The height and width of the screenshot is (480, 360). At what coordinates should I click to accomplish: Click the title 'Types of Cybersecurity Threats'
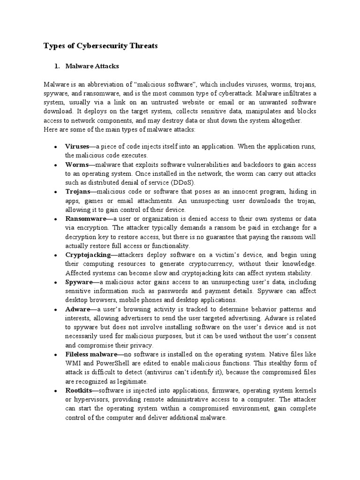(101, 45)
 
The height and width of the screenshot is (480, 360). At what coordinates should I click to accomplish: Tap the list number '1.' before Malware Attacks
(58, 66)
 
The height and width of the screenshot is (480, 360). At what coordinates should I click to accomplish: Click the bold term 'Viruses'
(77, 147)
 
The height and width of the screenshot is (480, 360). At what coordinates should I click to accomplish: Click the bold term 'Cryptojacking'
(88, 255)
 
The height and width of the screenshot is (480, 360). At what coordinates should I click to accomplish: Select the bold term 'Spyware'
(78, 282)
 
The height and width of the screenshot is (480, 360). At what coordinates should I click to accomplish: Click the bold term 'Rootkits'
(78, 390)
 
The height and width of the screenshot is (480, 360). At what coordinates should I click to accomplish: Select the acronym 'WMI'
(73, 364)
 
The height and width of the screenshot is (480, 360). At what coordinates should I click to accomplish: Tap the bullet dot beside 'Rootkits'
(55, 391)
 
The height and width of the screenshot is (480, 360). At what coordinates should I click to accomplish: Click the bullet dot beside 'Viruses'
(55, 147)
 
